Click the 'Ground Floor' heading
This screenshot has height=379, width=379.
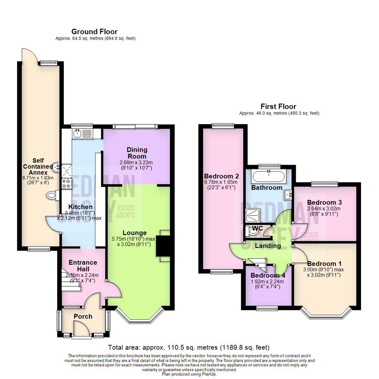(x=94, y=32)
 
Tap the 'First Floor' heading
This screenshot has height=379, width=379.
(x=278, y=106)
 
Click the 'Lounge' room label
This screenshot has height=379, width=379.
(x=135, y=233)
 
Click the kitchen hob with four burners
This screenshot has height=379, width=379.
(x=66, y=183)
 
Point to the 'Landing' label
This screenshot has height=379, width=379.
(x=268, y=246)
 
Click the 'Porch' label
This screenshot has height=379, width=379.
(x=83, y=317)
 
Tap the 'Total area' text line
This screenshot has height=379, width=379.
(x=189, y=348)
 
